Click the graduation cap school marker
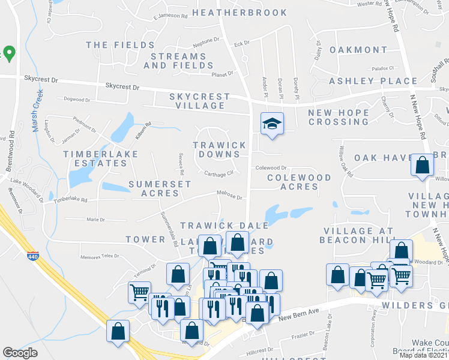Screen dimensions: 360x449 point(271,124)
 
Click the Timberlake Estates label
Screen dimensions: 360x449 point(101,159)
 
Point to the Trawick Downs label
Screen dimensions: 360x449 point(219,150)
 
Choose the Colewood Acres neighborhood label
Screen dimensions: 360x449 point(299,182)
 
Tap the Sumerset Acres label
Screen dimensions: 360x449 point(160,188)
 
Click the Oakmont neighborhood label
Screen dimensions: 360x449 point(358,49)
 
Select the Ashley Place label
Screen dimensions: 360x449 point(373,81)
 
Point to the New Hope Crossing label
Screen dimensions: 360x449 point(338,117)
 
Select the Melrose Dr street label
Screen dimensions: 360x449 point(229,196)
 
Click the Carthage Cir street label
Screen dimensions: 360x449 point(218,174)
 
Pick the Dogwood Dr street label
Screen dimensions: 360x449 point(76,100)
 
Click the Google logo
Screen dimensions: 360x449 point(20,352)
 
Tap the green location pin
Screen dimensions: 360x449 point(9,53)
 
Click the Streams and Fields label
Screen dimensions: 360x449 point(175,61)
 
